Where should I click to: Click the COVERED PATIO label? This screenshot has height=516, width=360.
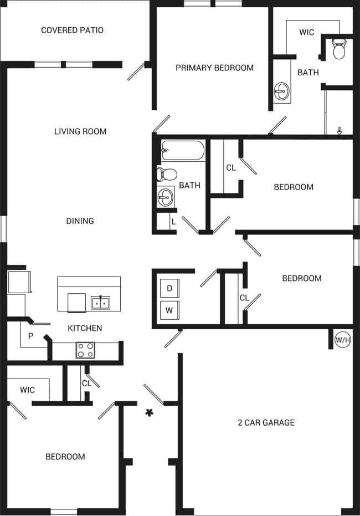point(72,30)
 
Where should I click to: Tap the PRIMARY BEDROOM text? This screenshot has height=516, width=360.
point(214,68)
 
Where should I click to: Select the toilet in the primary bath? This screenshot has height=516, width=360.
point(338,49)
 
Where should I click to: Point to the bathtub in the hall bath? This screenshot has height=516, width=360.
point(183,150)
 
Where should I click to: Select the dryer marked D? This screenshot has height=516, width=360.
point(169,289)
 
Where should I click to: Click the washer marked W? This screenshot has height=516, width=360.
point(169,310)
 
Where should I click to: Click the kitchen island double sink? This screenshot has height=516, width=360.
point(100,303)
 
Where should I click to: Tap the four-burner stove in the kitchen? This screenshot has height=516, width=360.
point(85,350)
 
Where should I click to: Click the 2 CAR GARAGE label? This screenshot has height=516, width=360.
point(266,423)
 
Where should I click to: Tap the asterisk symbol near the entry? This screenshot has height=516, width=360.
point(148,412)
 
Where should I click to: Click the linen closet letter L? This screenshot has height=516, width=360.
point(173,222)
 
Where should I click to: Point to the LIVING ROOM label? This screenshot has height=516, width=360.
point(80,131)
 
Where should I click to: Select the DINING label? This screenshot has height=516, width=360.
point(80,221)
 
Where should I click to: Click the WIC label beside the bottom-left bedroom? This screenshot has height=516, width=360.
point(27,390)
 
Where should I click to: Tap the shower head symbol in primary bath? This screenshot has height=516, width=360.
point(340,131)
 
